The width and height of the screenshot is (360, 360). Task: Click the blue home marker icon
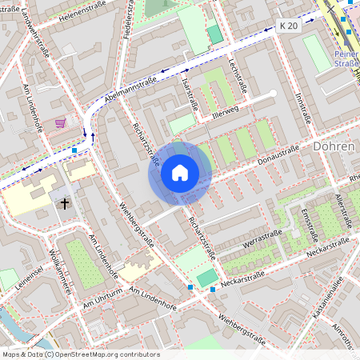click(x=179, y=173)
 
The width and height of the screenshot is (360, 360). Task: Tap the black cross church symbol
click(x=63, y=204)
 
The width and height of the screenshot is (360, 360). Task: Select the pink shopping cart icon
click(x=60, y=123)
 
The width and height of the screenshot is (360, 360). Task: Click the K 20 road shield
click(x=289, y=26)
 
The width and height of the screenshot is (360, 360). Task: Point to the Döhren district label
click(x=335, y=147)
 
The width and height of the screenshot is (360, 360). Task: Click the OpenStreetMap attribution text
click(x=80, y=354)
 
